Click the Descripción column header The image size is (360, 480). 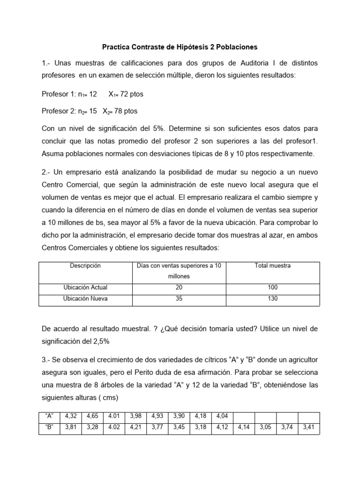point(85,266)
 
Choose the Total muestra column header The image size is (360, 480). point(272,266)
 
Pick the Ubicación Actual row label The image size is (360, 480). point(85,287)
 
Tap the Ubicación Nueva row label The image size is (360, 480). point(85,299)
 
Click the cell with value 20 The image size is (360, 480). point(179,287)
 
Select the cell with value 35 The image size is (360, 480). point(179,299)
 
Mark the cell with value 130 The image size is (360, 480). point(272,299)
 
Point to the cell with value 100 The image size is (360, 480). point(272,287)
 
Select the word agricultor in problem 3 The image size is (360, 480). point(300,360)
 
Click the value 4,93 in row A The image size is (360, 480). point(157,416)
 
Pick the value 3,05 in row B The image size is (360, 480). point(265,427)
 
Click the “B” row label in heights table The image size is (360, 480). point(49,427)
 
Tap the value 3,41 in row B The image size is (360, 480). point(308,427)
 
